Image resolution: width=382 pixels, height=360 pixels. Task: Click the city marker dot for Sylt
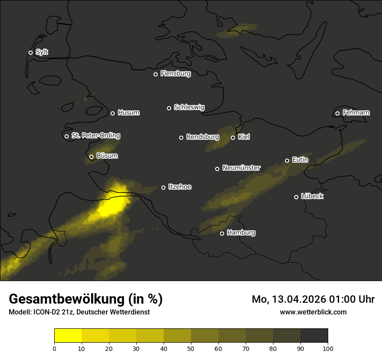pos(30,52)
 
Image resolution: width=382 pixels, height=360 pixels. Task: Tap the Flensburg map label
pos(175,74)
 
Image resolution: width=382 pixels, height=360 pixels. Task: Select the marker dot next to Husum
pos(112,113)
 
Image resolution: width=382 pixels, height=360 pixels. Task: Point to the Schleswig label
pos(189,107)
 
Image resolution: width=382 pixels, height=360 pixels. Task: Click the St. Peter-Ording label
pos(95,136)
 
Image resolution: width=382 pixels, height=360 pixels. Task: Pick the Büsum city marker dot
pos(91,157)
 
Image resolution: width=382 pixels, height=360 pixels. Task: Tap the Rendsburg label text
pos(202,137)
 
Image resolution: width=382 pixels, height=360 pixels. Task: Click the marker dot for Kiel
pos(233,137)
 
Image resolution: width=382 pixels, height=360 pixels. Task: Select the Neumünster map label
pos(241,168)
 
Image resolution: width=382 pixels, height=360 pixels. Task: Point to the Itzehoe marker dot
pos(163,187)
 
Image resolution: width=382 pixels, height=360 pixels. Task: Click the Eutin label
pos(300,160)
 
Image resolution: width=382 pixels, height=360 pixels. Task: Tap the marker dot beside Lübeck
pos(296,197)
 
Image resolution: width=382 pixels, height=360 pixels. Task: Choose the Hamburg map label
pos(241,233)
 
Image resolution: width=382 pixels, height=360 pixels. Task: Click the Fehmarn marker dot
pos(337,114)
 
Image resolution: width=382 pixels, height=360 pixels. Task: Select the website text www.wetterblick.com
pos(313,312)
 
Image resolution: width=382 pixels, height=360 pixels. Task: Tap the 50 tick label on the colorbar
pos(191,348)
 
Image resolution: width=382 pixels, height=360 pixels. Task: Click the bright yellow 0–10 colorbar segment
pos(68,336)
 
